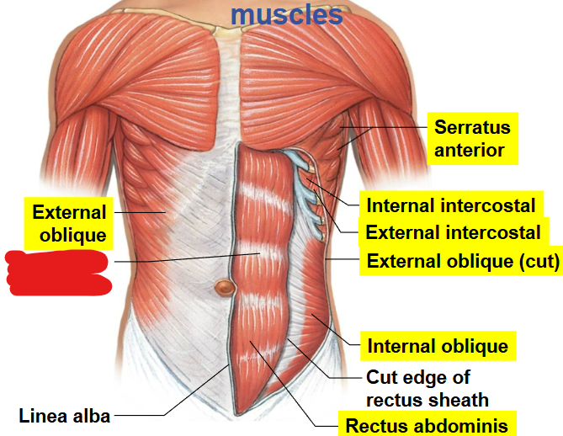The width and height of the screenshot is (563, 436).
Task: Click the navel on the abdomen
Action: [x=224, y=288]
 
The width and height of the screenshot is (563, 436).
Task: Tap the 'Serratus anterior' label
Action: [x=470, y=139]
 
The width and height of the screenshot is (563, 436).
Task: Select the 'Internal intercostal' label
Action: [x=450, y=205]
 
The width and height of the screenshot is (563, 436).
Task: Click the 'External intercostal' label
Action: [x=453, y=232]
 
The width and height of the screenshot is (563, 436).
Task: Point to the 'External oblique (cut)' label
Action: [x=462, y=262]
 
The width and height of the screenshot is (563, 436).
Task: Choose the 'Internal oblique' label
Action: [x=437, y=345]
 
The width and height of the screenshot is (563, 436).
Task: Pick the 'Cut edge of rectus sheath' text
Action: [x=428, y=387]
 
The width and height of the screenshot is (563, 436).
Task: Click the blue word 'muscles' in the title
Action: [x=286, y=13]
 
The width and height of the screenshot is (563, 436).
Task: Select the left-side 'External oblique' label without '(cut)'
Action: [x=69, y=223]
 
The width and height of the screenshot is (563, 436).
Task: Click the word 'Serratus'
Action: [x=471, y=127]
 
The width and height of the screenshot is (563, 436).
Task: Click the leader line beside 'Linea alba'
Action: [x=143, y=414]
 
